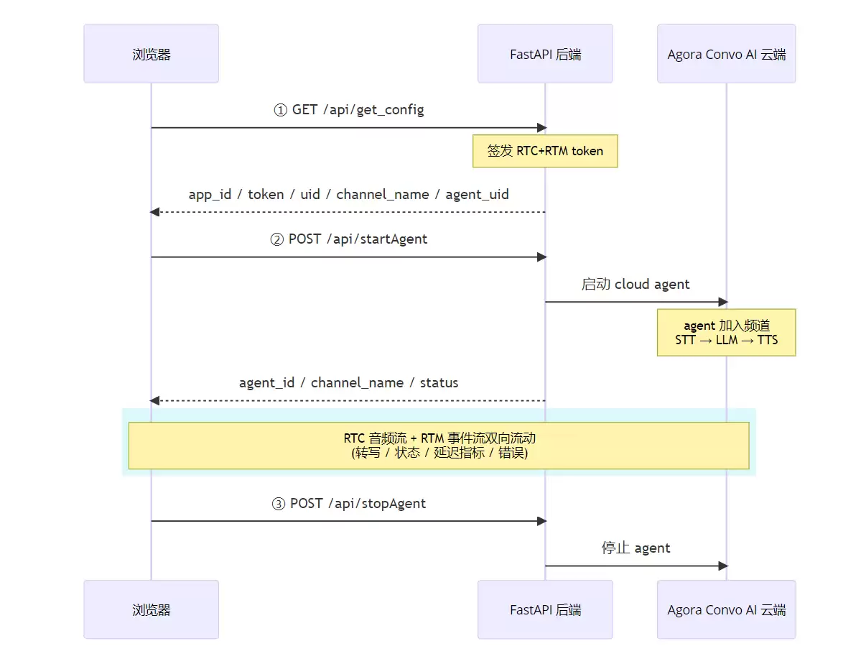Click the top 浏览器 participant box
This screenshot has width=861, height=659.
click(151, 54)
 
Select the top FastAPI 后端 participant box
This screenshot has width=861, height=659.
click(545, 54)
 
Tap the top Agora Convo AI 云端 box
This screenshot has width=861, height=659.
click(727, 54)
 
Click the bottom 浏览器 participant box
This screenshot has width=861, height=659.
click(151, 609)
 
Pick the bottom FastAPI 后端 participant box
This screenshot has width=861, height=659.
click(545, 609)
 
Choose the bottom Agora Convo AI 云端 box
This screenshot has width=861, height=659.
click(727, 609)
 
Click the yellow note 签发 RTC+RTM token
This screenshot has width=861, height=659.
click(545, 151)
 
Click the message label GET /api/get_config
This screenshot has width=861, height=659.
click(358, 110)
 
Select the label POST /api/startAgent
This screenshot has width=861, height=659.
click(358, 239)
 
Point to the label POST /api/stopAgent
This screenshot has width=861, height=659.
click(358, 504)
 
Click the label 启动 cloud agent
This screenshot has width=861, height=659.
click(636, 284)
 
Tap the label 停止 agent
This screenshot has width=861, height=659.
click(636, 548)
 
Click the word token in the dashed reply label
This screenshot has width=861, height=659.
click(266, 195)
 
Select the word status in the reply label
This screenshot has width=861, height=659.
click(439, 382)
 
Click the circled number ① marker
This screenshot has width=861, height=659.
click(281, 110)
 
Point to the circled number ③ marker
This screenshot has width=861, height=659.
click(279, 504)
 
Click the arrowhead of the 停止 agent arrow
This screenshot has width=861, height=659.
click(723, 566)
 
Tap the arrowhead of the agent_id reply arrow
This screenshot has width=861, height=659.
click(155, 401)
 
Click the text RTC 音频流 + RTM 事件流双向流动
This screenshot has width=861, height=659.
click(439, 438)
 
